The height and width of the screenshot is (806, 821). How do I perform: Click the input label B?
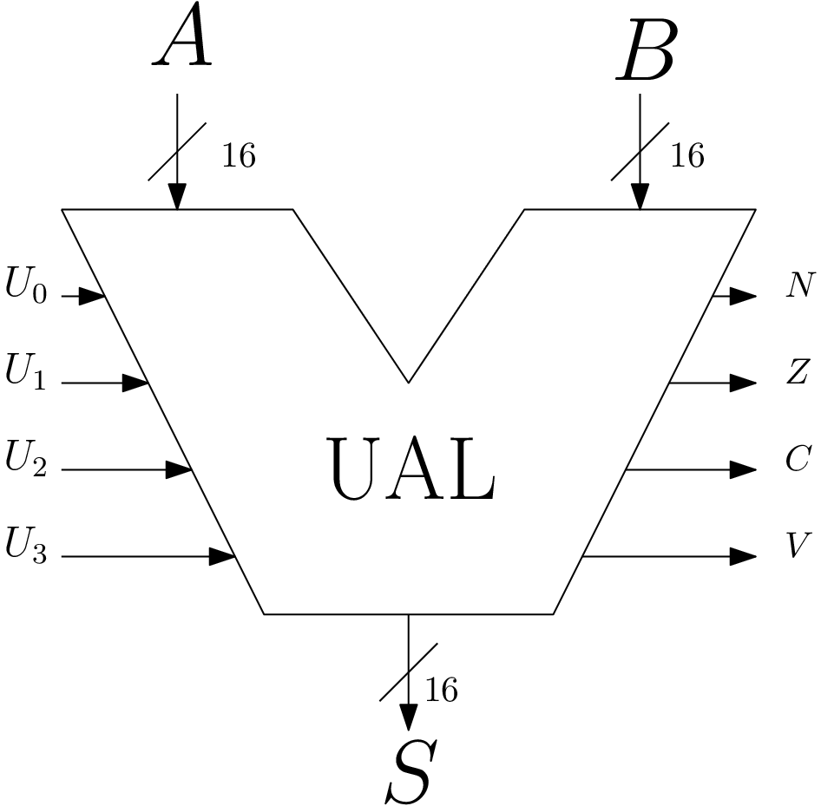coord(646,54)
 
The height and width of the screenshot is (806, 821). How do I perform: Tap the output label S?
coord(409,771)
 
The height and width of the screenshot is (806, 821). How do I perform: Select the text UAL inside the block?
coord(411,470)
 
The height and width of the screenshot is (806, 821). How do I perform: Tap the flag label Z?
coord(797,372)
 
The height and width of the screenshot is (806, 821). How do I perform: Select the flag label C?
coord(797,460)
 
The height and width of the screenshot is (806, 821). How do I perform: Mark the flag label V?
coord(797,547)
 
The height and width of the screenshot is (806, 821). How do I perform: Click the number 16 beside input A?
coord(239,156)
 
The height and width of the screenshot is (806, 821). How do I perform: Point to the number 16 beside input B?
coord(686,156)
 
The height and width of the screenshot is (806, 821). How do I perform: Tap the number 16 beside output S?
coord(440,691)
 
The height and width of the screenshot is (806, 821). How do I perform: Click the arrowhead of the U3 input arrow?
coord(224,556)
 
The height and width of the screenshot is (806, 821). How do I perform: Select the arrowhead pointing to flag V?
coord(743,556)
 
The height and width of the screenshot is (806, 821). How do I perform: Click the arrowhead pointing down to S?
coord(408,717)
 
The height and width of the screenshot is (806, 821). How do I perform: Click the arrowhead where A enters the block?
coord(177,197)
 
